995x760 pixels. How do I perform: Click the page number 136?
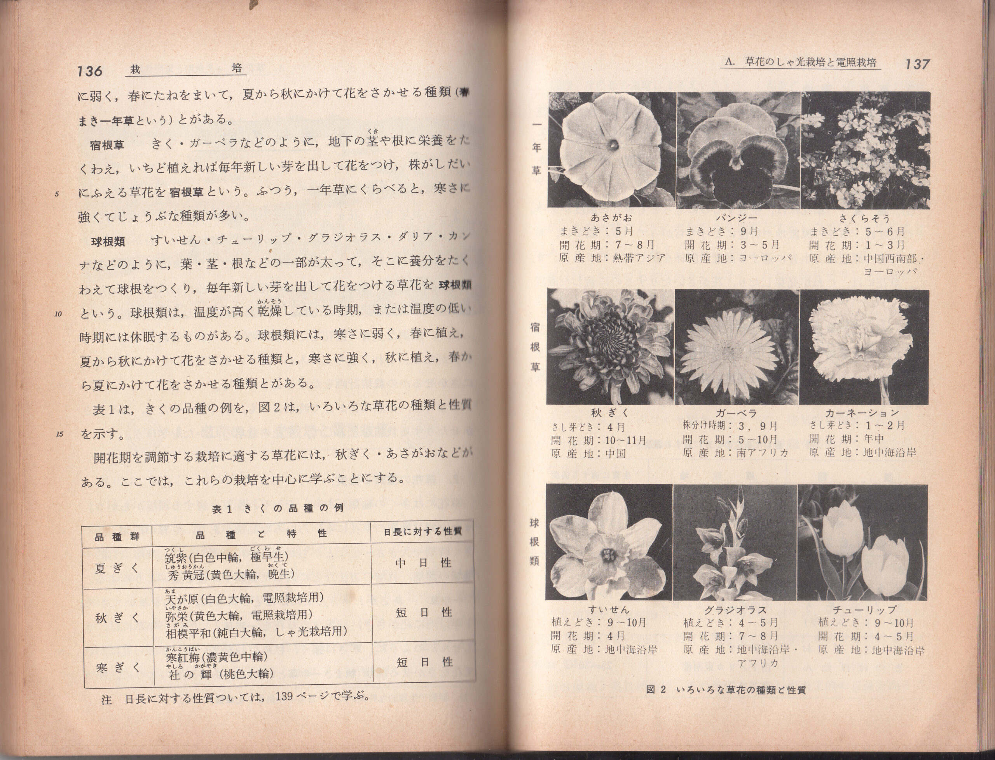90,71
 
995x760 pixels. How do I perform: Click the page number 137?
917,64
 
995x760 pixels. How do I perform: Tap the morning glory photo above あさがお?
612,150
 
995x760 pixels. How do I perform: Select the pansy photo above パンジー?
738,150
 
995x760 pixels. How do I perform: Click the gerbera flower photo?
737,347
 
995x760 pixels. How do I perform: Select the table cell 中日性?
423,563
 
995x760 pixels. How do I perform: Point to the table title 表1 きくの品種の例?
278,508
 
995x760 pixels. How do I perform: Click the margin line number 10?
58,314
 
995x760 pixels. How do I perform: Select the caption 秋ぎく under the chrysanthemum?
609,412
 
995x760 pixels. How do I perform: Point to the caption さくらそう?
865,218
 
